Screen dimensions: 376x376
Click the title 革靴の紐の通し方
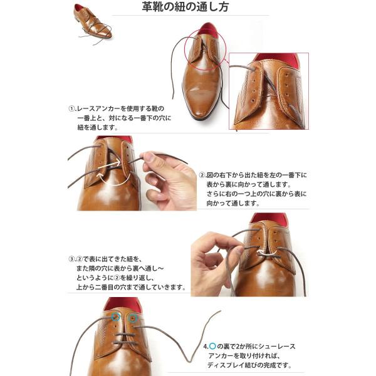point(185,7)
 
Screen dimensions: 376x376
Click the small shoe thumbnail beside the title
point(93,24)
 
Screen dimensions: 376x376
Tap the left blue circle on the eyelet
point(116,317)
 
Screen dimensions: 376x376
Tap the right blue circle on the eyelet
point(132,318)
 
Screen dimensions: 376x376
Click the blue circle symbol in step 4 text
point(212,346)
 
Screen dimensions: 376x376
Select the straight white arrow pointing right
point(109,165)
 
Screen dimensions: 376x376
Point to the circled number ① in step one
point(72,108)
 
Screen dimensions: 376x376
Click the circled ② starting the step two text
point(202,175)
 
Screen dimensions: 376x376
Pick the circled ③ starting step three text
point(71,259)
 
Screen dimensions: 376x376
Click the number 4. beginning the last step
point(206,347)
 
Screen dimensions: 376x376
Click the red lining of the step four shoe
point(123,305)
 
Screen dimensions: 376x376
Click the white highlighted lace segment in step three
point(267,253)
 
